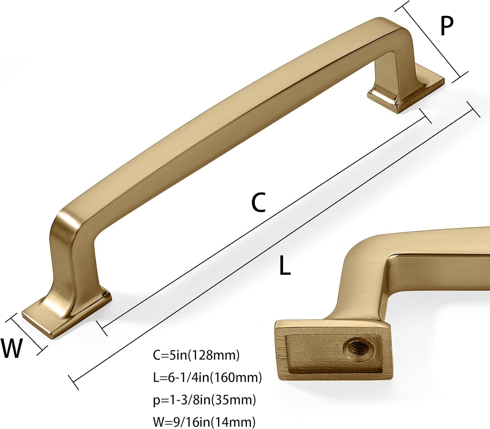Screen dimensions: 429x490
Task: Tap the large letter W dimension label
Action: (12, 348)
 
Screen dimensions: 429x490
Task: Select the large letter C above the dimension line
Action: (258, 202)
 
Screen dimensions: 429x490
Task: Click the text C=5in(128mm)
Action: (196, 355)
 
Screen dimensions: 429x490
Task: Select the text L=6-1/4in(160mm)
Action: (207, 377)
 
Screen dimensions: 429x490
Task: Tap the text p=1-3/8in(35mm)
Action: (204, 400)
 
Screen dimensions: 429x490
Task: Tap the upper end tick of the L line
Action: (473, 109)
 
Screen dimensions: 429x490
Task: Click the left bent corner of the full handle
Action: (69, 219)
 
